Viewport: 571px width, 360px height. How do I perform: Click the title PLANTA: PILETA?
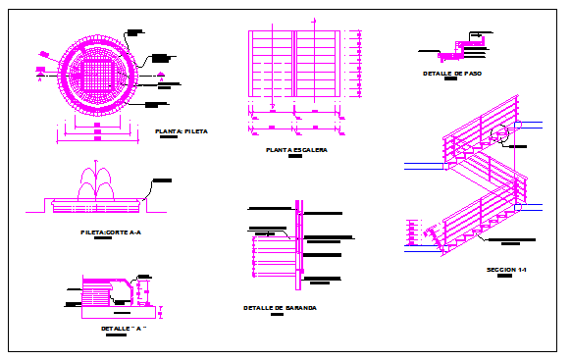(182, 130)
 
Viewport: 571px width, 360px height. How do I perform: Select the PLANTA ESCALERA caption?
(295, 150)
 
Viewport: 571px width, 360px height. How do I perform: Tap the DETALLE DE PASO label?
(451, 74)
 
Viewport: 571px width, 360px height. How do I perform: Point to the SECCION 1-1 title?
(507, 269)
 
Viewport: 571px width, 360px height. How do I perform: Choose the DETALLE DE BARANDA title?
(280, 308)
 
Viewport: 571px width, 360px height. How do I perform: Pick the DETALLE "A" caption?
(123, 329)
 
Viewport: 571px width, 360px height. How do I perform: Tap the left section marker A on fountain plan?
(41, 72)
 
